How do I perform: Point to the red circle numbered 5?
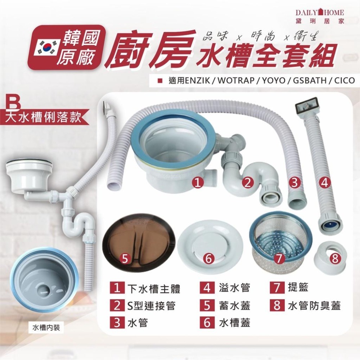(124, 258)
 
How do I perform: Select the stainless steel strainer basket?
(280, 242)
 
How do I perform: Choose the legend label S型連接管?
(151, 306)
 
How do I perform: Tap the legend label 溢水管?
(234, 288)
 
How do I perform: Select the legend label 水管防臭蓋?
(314, 306)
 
